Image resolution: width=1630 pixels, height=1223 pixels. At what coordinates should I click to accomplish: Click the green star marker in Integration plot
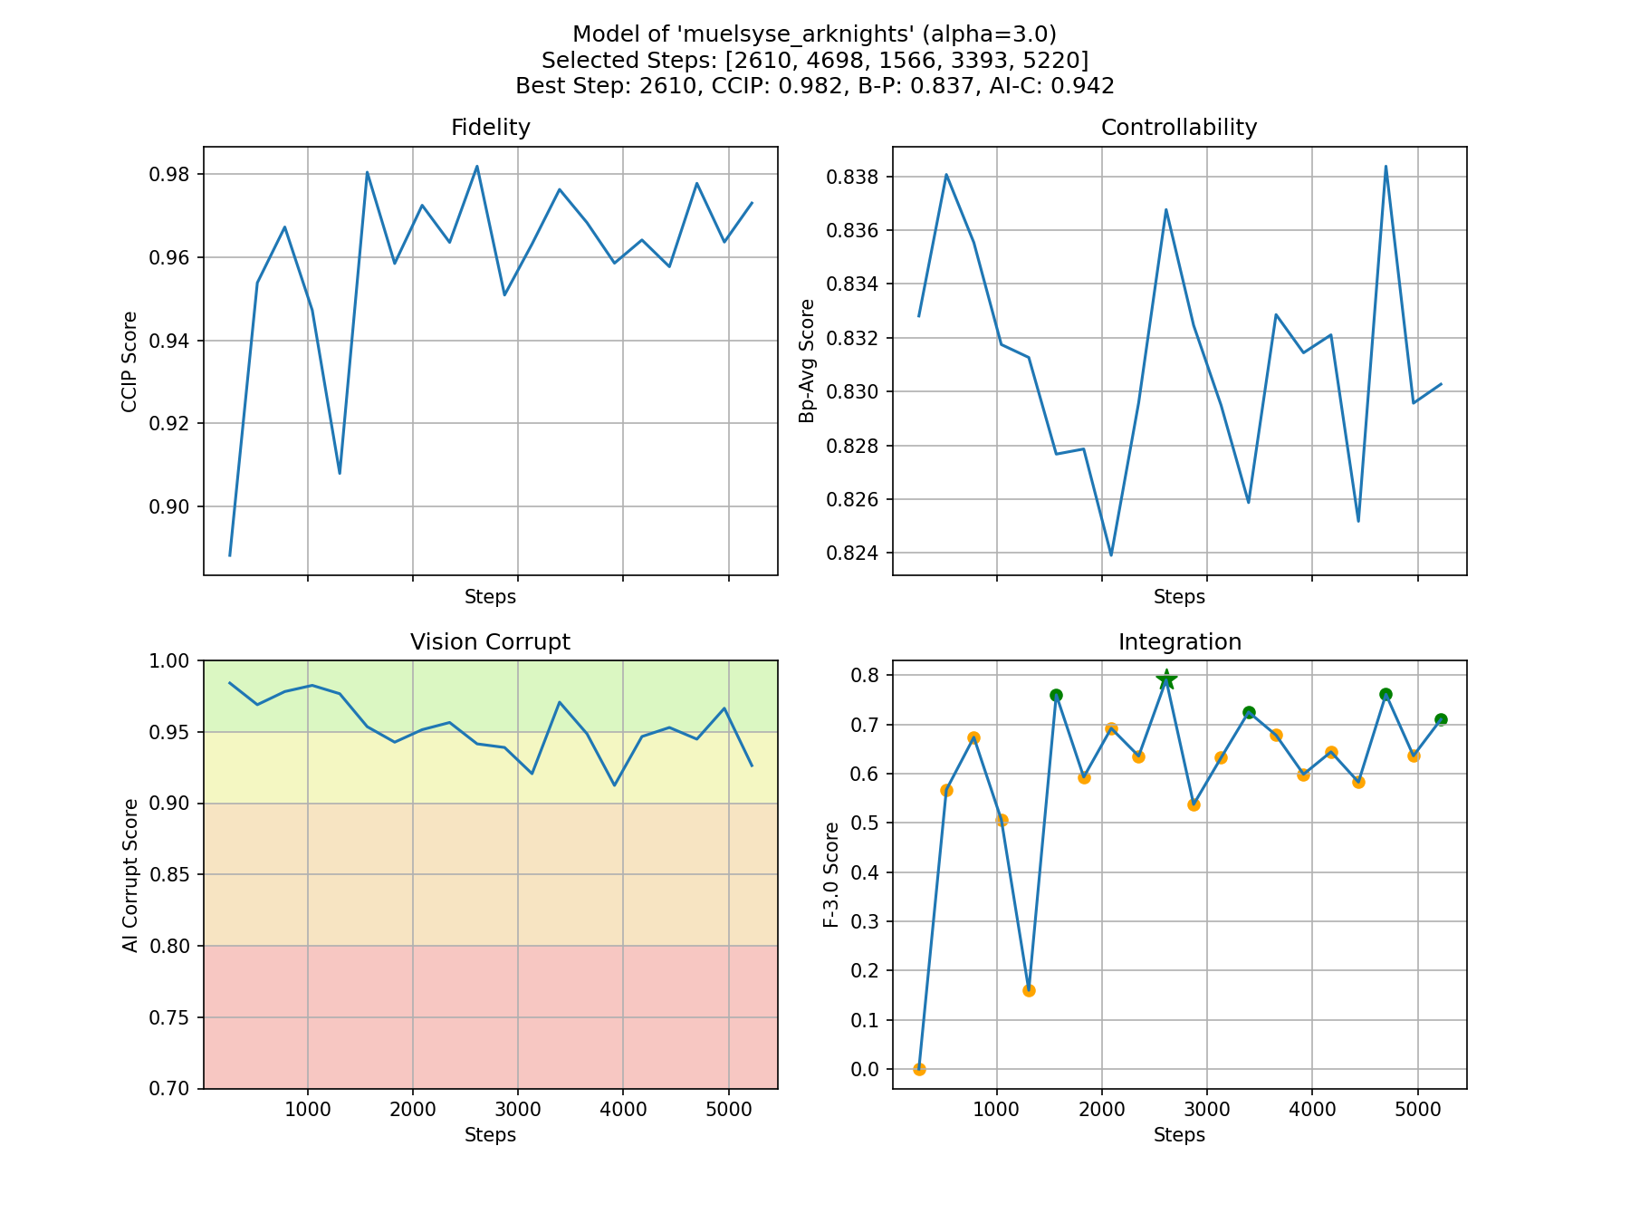point(1166,679)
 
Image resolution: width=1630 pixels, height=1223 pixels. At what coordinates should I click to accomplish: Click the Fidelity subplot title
point(490,128)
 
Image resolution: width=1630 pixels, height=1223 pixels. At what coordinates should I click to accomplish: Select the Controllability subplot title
point(1178,128)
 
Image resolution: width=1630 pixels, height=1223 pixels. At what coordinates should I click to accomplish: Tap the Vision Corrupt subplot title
point(490,642)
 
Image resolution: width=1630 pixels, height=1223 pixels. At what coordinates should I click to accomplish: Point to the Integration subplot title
point(1179,642)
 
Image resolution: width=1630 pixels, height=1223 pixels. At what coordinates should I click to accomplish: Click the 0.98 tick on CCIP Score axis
point(171,175)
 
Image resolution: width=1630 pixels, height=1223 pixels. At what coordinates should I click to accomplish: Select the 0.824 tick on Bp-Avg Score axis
point(854,554)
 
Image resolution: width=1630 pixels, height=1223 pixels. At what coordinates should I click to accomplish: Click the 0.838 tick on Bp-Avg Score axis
point(854,177)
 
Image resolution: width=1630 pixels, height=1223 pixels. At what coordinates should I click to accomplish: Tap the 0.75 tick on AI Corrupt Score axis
point(171,1018)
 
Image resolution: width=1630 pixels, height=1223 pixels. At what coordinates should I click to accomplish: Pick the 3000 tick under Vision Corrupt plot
point(517,1110)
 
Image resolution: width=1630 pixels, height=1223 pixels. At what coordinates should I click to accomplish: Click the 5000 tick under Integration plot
point(1417,1110)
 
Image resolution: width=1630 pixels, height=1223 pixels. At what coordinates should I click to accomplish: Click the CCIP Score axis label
point(130,361)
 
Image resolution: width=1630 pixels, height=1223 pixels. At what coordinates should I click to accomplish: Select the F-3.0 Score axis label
point(831,874)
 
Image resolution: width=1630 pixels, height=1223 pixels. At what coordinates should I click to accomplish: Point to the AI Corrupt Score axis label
point(130,875)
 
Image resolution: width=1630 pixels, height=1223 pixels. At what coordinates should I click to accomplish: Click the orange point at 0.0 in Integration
point(919,1069)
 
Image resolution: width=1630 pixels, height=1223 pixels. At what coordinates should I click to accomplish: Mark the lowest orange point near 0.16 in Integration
point(1029,990)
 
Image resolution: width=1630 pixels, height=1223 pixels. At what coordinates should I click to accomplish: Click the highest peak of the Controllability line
point(1385,167)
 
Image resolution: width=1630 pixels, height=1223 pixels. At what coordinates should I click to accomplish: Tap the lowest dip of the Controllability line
point(1111,554)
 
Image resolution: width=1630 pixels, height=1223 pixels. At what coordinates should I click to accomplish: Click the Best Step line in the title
point(814,86)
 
